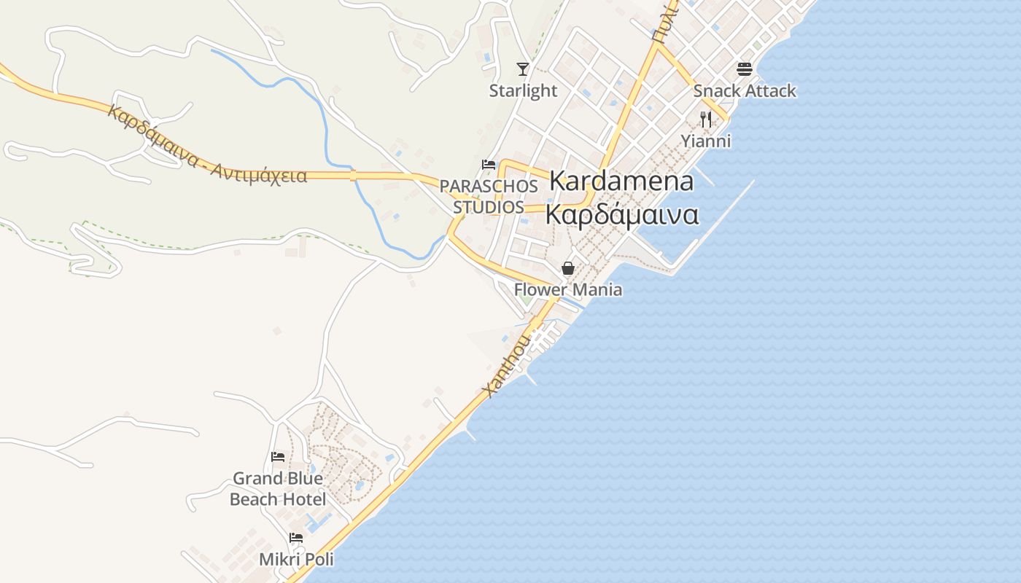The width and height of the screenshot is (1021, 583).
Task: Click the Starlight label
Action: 523,91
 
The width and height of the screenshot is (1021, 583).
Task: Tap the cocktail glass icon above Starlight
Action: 522,69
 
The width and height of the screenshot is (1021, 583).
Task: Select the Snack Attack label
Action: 745,91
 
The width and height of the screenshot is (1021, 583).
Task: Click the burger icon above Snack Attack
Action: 744,69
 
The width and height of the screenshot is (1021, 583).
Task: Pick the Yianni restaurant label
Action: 706,141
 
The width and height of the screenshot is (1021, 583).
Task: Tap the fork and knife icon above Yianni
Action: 705,119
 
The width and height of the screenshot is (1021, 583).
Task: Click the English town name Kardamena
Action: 621,181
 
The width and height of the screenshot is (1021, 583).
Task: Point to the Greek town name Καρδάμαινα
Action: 622,215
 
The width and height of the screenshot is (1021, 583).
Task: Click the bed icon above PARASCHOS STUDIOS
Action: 489,165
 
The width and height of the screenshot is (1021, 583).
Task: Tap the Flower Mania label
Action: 568,290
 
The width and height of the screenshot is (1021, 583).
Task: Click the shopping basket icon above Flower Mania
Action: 568,268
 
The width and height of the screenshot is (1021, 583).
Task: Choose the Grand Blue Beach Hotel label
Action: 278,489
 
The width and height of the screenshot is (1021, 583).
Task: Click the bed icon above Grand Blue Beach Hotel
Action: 278,457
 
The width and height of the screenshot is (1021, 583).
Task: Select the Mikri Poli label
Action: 296,560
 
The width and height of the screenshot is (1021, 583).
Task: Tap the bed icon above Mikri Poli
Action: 295,539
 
